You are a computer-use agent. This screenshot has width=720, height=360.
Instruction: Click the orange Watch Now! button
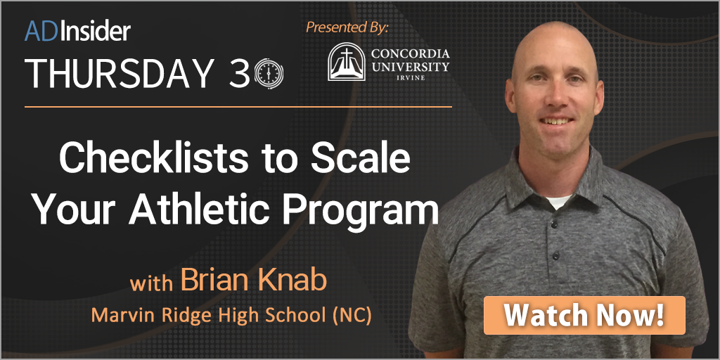584,315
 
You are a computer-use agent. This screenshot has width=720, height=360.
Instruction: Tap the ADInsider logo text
77,31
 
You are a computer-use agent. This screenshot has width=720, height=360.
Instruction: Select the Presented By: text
347,27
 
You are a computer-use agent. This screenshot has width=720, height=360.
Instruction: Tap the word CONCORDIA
411,54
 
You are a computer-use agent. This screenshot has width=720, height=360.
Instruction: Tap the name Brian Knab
254,281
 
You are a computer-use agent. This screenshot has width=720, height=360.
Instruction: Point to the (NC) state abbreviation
351,314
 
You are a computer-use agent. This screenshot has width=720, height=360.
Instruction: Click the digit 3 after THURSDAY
240,73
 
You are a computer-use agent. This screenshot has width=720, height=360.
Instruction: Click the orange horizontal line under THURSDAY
238,107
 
